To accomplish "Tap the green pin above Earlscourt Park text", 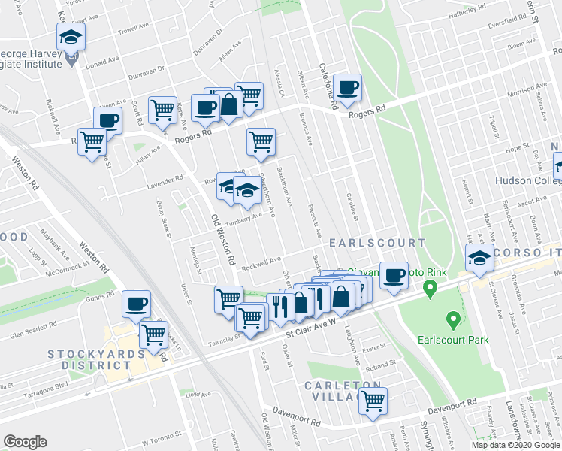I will pos(453,321).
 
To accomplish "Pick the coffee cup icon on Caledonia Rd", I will pos(348,88).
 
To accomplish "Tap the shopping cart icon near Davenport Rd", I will pos(372,401).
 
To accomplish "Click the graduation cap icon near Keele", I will pos(71,36).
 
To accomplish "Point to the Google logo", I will pos(25,442).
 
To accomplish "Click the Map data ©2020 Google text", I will pos(515,445).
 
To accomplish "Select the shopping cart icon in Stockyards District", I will pos(154,334).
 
